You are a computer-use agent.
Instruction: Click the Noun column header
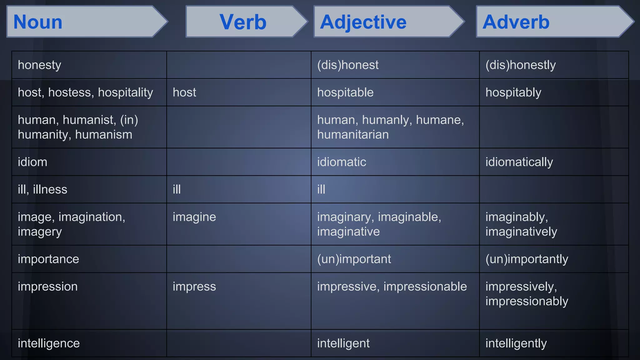click(38, 22)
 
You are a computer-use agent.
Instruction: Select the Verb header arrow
click(243, 22)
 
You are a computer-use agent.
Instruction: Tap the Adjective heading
click(363, 22)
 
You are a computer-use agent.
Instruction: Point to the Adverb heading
click(516, 22)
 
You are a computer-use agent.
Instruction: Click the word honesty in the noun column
click(39, 65)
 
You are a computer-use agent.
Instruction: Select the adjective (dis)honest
click(347, 65)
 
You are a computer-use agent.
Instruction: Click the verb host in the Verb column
click(184, 92)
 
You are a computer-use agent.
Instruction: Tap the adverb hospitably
click(513, 92)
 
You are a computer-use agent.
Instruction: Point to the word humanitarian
click(353, 135)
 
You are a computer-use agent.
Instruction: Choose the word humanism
click(103, 135)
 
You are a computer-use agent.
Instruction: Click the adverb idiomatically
click(519, 162)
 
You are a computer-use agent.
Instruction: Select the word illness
click(50, 189)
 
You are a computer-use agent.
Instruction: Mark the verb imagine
click(194, 217)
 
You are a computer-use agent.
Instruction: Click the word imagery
click(40, 232)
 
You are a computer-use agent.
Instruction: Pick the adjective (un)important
click(354, 259)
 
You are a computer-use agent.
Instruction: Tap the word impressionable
click(425, 287)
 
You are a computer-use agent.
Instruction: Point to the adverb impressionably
click(527, 301)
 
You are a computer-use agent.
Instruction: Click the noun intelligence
click(49, 343)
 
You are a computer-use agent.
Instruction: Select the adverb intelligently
click(516, 343)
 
